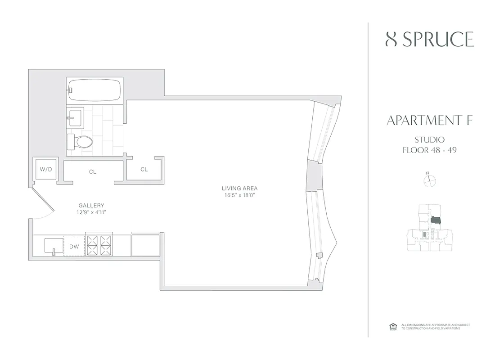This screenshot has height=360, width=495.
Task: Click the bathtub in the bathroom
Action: coord(94,90)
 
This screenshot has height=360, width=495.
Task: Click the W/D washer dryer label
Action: coord(45,170)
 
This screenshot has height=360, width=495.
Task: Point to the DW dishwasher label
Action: coord(74,247)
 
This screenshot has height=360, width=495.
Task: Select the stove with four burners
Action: coord(99,246)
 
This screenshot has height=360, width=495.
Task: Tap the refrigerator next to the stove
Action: coord(145,245)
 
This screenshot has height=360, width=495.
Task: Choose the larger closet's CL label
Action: coord(93,172)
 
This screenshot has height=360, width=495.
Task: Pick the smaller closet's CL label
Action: coord(144,170)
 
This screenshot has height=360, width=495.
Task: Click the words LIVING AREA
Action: coord(239,188)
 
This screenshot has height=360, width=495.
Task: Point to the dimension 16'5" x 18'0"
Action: coord(239,195)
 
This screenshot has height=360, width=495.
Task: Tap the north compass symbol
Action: coord(430,180)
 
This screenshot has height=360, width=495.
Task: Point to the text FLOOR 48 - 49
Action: coord(429,150)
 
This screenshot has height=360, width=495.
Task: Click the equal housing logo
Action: coord(391,327)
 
